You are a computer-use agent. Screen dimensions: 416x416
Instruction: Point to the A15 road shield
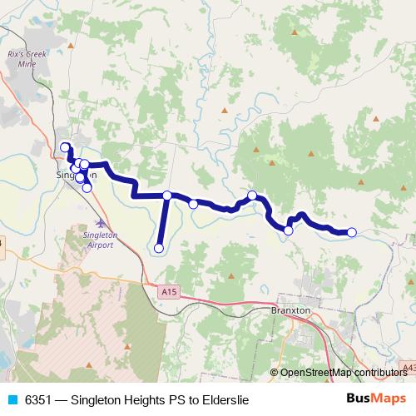coord(170,290)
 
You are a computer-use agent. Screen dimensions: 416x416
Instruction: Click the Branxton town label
coord(291,310)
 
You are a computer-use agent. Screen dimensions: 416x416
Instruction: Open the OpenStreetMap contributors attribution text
coord(343,373)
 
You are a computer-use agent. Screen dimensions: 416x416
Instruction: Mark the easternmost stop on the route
coord(352,232)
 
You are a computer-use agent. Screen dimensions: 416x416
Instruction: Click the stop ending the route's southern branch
coord(159,247)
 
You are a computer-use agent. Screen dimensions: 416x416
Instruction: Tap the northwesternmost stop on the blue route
coord(66,148)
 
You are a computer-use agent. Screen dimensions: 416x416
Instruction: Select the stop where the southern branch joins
coord(167,196)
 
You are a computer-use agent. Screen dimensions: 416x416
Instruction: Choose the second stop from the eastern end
coord(289,230)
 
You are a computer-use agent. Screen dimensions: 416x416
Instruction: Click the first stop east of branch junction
coord(193,204)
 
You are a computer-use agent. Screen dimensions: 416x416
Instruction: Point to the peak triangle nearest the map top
coord(295,32)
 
